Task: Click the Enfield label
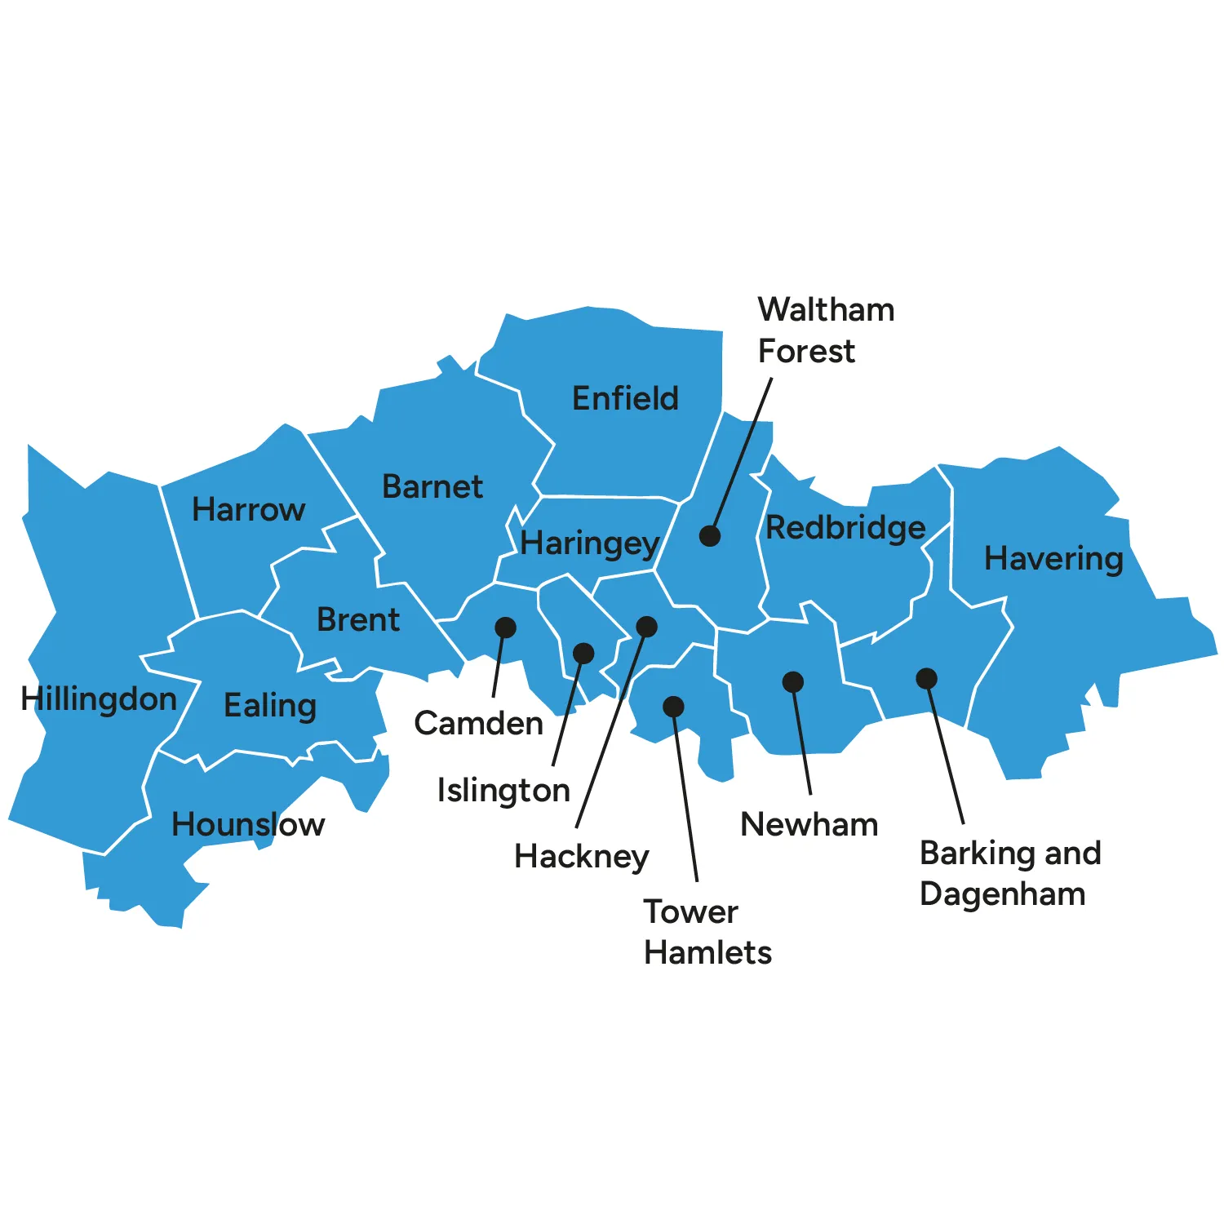pyautogui.click(x=625, y=398)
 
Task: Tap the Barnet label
pyautogui.click(x=432, y=487)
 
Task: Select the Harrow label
pyautogui.click(x=248, y=510)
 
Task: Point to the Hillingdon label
pyautogui.click(x=99, y=699)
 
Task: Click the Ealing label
pyautogui.click(x=270, y=706)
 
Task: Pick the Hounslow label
pyautogui.click(x=248, y=825)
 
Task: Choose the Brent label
pyautogui.click(x=358, y=620)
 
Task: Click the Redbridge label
pyautogui.click(x=845, y=528)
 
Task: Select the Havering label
pyautogui.click(x=1053, y=559)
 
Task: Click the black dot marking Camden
pyautogui.click(x=506, y=628)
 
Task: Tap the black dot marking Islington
pyautogui.click(x=583, y=653)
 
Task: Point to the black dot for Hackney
pyautogui.click(x=646, y=627)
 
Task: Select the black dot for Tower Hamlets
pyautogui.click(x=673, y=707)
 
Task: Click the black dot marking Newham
pyautogui.click(x=793, y=682)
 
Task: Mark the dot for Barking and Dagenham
pyautogui.click(x=926, y=679)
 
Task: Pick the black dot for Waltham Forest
pyautogui.click(x=710, y=536)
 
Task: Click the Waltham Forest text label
pyautogui.click(x=826, y=330)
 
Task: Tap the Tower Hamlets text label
pyautogui.click(x=707, y=932)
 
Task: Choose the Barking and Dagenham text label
pyautogui.click(x=1010, y=873)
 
